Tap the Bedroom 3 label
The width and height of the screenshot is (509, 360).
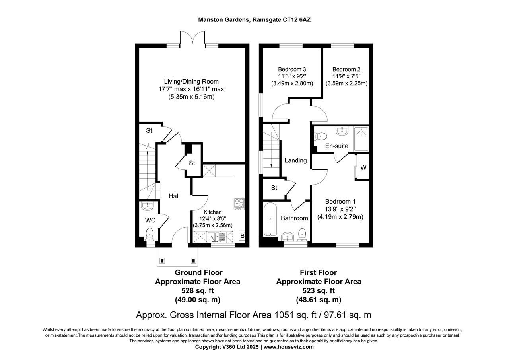click(x=292, y=69)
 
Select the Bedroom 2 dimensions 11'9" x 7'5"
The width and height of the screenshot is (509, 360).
click(x=346, y=76)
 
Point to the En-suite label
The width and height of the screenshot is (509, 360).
click(x=336, y=146)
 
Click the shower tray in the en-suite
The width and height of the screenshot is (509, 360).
click(x=361, y=139)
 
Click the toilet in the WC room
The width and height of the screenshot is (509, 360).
click(x=150, y=234)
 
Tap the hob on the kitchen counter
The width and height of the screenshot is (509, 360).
click(x=239, y=204)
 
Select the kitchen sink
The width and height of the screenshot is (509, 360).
click(x=215, y=237)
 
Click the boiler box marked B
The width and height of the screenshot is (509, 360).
click(x=242, y=236)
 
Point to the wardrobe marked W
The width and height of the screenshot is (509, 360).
click(x=363, y=168)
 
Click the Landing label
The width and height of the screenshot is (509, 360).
click(x=295, y=160)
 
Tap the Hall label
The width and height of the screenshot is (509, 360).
click(x=174, y=196)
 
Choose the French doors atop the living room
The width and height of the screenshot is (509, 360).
click(x=193, y=39)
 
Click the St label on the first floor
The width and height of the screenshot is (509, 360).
click(x=274, y=188)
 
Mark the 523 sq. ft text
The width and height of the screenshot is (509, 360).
click(x=319, y=290)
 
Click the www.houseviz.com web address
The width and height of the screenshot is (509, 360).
click(x=289, y=347)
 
